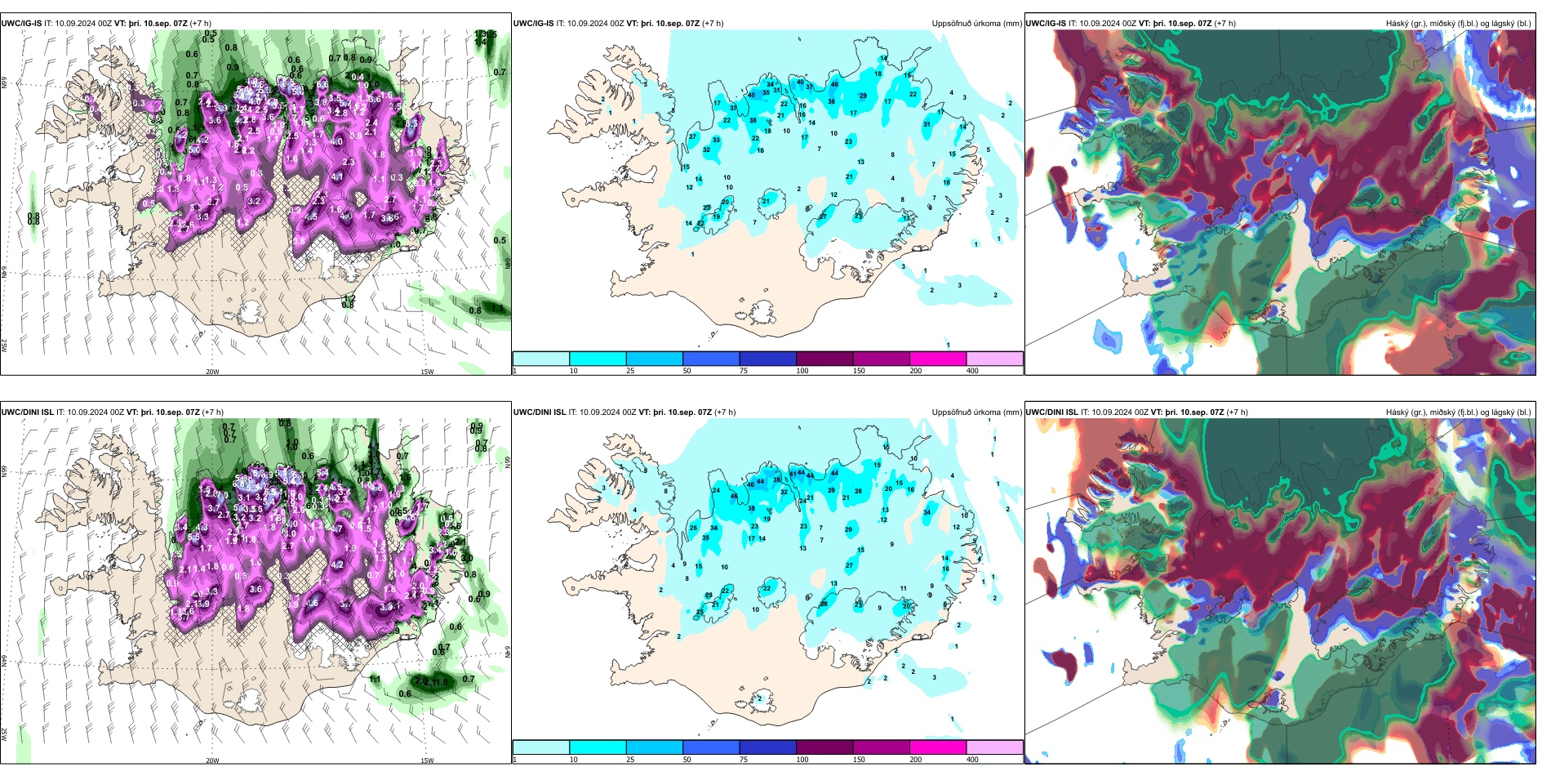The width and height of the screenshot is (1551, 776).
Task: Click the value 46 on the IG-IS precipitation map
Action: coord(834,84)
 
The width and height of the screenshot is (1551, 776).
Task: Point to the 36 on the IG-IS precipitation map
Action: coord(831,102)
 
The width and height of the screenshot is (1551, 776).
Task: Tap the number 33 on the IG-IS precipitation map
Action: coord(716,140)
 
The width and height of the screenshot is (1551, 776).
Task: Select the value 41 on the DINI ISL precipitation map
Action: coord(793,474)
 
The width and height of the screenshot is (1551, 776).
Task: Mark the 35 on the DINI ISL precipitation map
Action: coord(705,538)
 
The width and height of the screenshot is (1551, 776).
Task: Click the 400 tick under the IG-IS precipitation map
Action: coord(972,371)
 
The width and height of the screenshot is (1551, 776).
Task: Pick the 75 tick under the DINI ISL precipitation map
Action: coord(744,760)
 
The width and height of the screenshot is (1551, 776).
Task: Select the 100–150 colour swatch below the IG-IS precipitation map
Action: coord(824,359)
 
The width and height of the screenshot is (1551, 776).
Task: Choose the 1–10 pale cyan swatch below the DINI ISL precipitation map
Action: coord(541,747)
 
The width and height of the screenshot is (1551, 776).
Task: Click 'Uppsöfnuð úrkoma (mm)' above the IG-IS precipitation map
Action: coord(976,24)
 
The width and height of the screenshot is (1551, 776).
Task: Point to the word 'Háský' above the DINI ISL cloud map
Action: coord(1398,413)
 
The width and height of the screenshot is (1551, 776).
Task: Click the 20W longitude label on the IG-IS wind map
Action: coord(212,372)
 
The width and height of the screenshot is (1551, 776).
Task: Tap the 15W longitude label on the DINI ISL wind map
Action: coord(427,760)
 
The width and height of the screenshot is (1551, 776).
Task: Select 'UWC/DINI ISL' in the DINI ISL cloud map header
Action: coord(1051,413)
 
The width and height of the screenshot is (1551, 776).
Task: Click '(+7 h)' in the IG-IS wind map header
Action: coord(201,24)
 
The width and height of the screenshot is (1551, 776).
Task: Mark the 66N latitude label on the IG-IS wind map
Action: coord(4,83)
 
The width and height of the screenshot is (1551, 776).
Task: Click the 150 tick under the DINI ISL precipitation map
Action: coord(859,760)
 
